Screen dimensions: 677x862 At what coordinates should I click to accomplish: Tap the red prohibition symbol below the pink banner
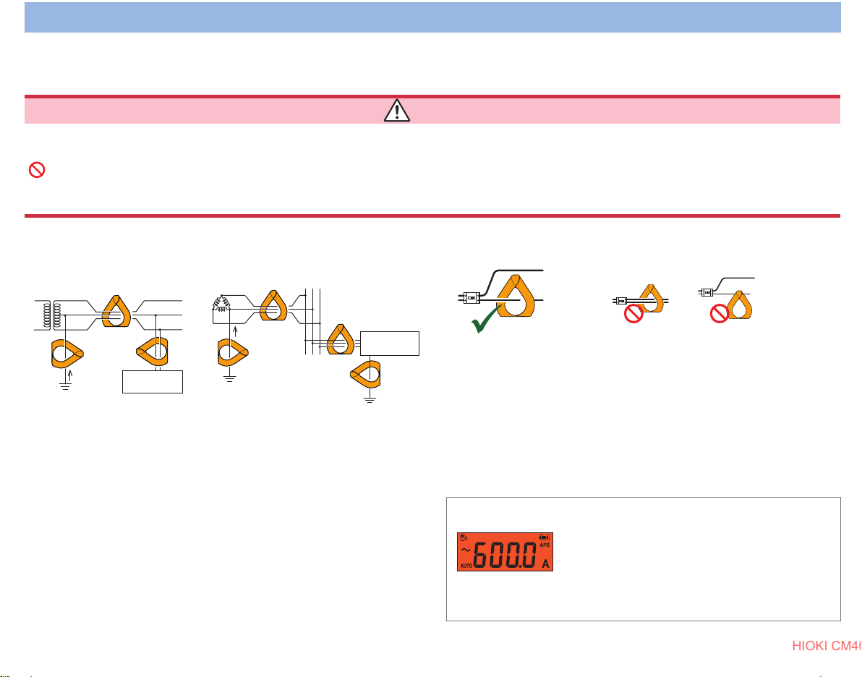coord(36,170)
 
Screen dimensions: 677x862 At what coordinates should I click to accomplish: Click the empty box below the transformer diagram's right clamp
coord(153,381)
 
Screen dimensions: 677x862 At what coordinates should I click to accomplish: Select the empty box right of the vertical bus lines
coord(390,343)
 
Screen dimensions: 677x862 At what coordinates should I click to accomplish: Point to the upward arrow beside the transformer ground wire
coord(71,375)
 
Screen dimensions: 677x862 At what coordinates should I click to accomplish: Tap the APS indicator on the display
coord(545,545)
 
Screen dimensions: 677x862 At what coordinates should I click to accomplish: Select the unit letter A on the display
coord(545,563)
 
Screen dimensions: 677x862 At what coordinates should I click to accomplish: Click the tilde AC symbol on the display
coord(466,550)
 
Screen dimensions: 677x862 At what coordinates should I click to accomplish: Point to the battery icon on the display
coord(545,537)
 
